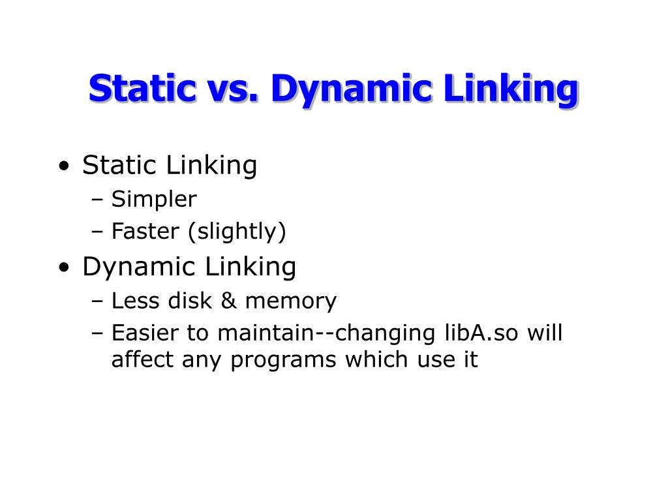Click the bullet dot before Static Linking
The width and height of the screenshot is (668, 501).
click(64, 167)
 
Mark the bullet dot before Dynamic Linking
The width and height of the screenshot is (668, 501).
click(64, 268)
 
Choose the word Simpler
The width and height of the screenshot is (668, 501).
click(154, 200)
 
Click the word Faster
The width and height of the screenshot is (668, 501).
click(146, 232)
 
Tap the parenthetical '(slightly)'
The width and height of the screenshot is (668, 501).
click(237, 232)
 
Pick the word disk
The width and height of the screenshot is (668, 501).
click(189, 301)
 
